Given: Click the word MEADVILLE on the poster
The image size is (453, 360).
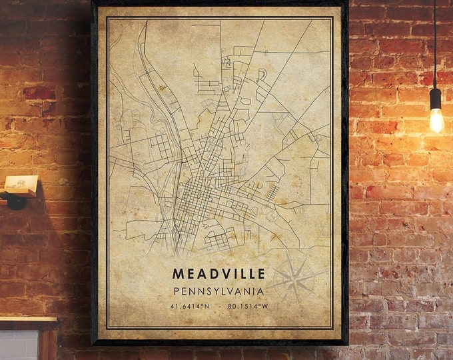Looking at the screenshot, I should (x=219, y=273).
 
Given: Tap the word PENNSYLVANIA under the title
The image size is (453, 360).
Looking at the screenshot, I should (x=219, y=291).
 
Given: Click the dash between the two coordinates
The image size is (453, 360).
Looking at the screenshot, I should (x=219, y=307).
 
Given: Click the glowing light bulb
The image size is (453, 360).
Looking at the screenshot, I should (x=436, y=121).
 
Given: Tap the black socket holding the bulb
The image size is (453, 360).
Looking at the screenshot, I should (x=435, y=99).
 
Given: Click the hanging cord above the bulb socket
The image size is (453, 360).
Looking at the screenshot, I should (x=434, y=40).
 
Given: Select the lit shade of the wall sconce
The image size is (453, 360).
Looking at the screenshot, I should (x=21, y=184).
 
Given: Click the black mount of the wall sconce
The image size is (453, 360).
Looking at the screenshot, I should (x=15, y=199).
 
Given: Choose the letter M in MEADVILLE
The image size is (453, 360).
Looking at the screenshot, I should (x=178, y=273).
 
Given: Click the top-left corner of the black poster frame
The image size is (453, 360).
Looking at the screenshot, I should (x=93, y=2).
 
